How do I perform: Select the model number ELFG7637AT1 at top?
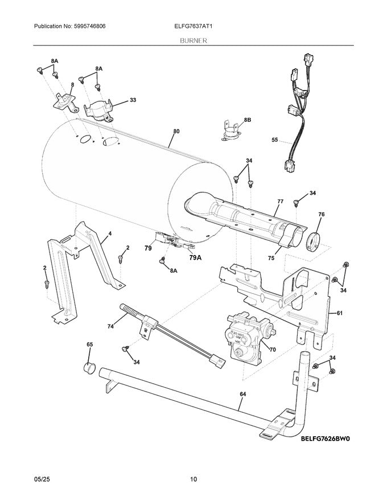(x=193, y=27)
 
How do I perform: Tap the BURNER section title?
(x=193, y=42)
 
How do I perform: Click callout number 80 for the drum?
(x=176, y=132)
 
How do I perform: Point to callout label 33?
(x=133, y=100)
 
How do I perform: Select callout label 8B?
(x=247, y=120)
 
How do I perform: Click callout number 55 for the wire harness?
(x=275, y=139)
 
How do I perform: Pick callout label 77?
(x=280, y=201)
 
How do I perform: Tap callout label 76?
(x=322, y=215)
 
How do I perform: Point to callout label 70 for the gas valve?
(x=273, y=349)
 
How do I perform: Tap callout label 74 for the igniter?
(x=110, y=326)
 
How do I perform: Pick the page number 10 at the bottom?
(x=193, y=479)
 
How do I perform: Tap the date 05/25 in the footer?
(x=42, y=479)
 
